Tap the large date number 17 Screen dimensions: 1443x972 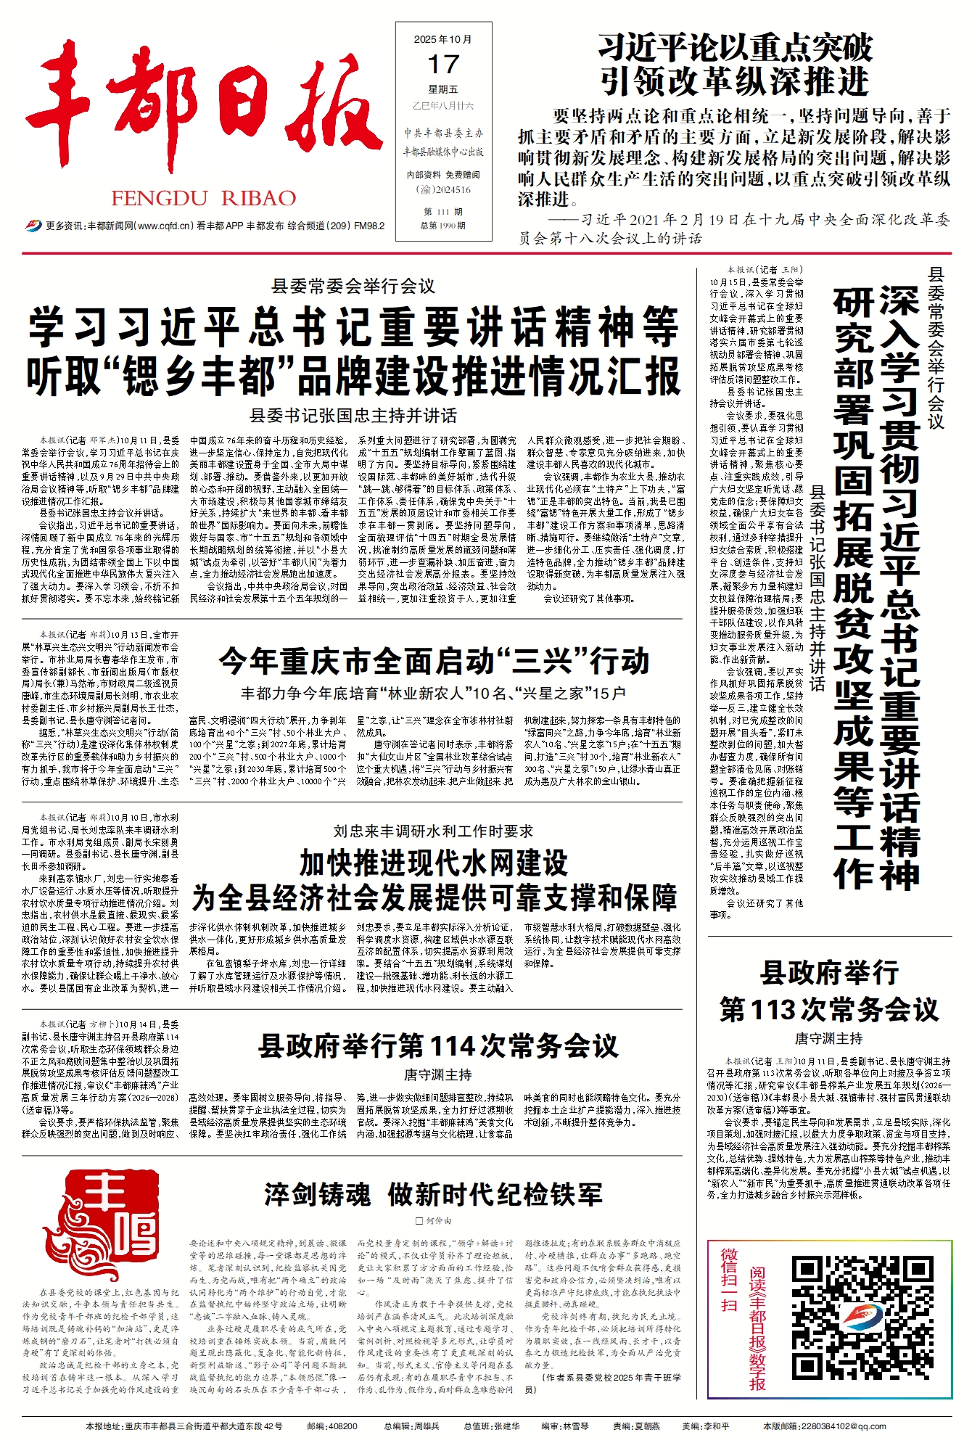(443, 65)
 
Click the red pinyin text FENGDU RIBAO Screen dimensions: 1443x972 (203, 198)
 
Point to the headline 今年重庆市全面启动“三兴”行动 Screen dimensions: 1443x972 (434, 662)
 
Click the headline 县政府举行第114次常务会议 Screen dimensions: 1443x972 (438, 1046)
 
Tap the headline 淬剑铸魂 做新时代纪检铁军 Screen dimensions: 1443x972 (433, 1194)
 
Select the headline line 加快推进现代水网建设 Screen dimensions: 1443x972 (434, 863)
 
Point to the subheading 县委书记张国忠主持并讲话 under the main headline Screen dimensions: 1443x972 (353, 416)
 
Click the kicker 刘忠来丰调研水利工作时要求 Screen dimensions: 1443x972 (433, 831)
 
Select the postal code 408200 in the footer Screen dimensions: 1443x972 (342, 1426)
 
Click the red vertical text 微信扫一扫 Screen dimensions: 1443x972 (728, 1299)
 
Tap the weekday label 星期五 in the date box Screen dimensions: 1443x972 (442, 90)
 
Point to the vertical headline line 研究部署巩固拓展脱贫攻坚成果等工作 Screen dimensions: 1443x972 (852, 588)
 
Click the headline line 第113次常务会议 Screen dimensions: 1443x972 (829, 1009)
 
